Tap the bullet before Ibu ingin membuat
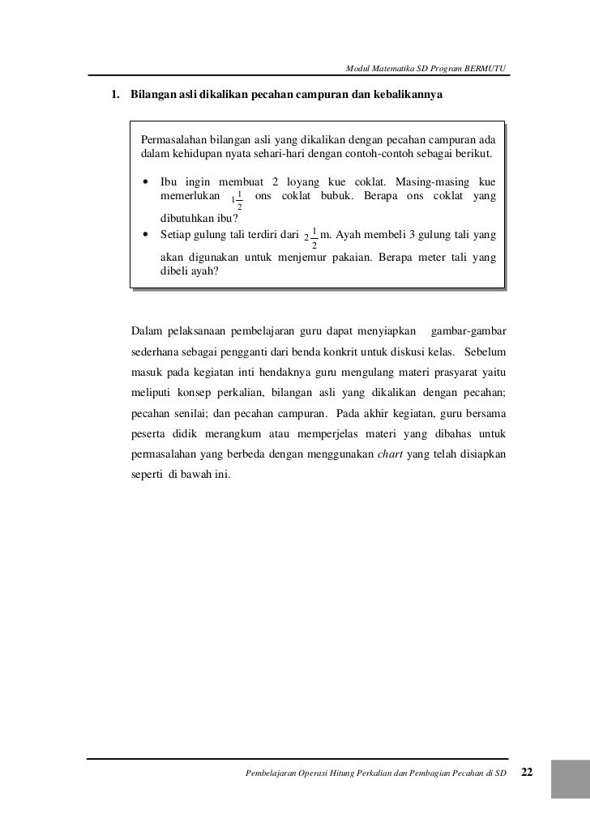point(146,183)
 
